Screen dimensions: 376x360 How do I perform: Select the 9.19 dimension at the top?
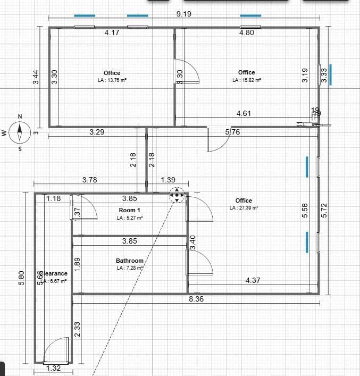tap(183, 14)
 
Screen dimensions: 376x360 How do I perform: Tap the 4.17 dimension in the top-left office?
tap(112, 32)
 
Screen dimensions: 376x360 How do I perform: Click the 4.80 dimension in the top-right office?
tap(247, 32)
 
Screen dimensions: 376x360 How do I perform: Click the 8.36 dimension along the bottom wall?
tap(196, 299)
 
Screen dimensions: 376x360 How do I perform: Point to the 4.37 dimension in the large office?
tap(253, 280)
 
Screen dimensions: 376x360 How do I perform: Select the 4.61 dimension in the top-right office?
tap(244, 113)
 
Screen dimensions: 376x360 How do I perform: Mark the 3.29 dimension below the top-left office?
tap(96, 131)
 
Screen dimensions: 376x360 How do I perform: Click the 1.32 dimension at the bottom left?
tap(54, 369)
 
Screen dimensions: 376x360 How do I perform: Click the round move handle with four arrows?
tap(177, 195)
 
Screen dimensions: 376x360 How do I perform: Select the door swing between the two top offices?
tap(187, 70)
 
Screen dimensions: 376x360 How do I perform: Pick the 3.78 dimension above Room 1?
tap(89, 180)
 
